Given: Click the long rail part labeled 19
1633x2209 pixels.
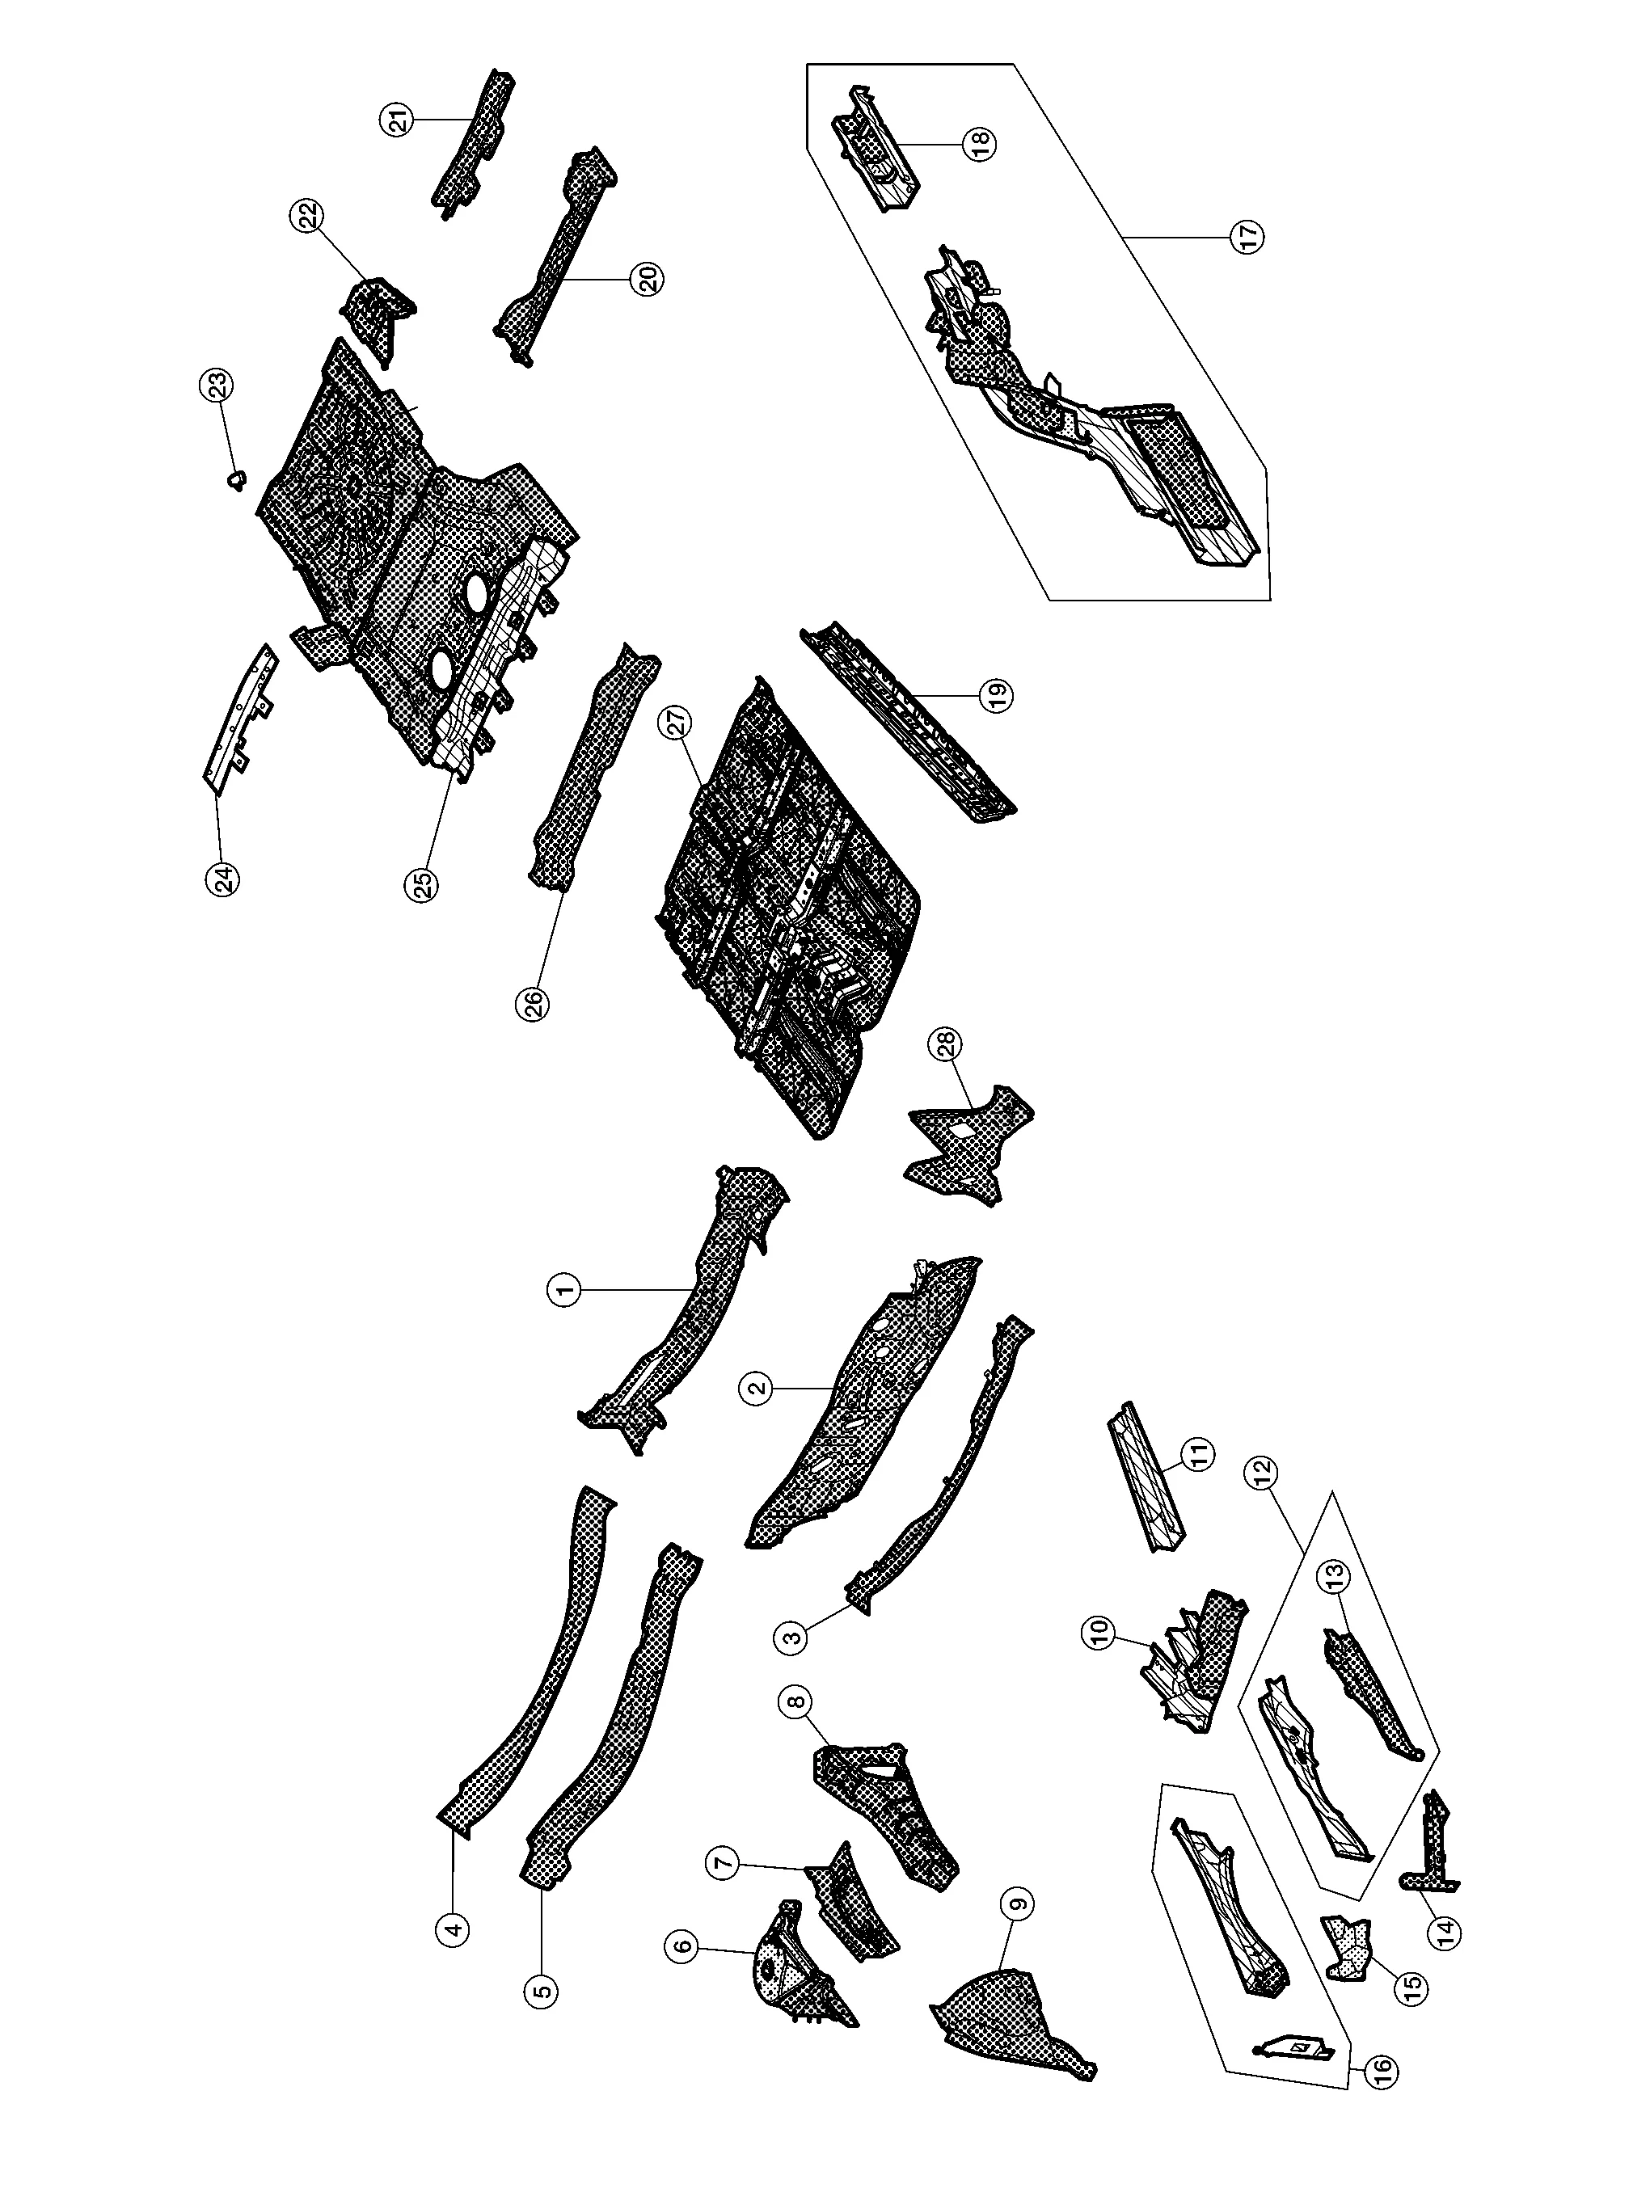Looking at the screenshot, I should tap(909, 722).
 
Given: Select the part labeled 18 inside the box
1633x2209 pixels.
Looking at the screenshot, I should tap(875, 148).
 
